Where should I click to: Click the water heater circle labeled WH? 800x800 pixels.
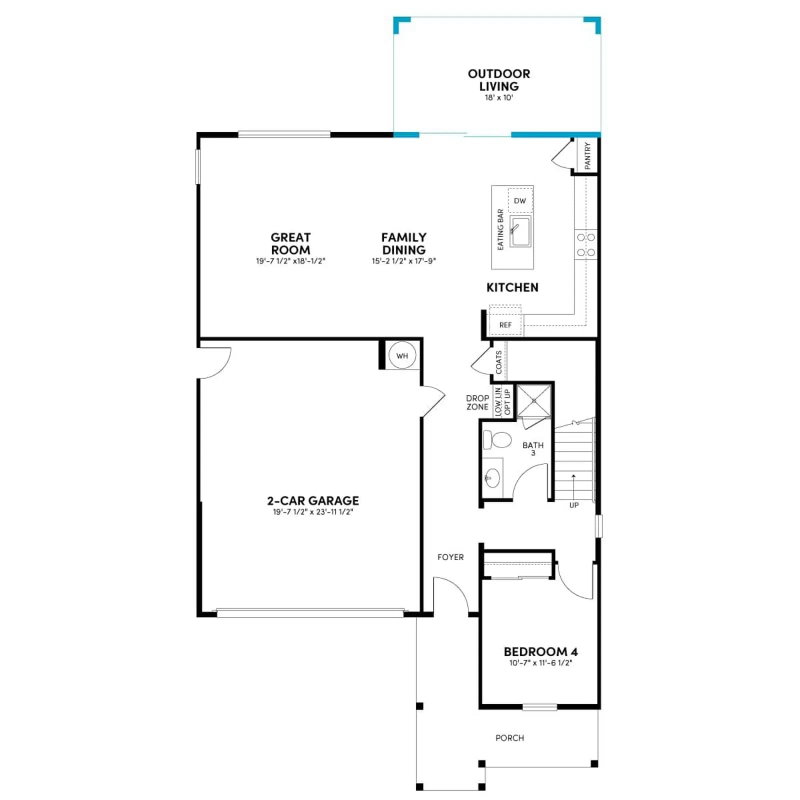point(402,355)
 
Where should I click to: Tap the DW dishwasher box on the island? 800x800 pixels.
point(520,200)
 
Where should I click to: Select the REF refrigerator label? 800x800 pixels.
point(505,325)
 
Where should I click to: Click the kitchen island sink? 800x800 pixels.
point(520,231)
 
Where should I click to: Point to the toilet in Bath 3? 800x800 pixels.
point(497,440)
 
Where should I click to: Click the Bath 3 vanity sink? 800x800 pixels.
point(492,478)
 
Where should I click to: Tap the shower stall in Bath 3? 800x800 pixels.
point(534,400)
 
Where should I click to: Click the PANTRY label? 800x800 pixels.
point(587,155)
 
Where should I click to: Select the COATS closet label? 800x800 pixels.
point(498,362)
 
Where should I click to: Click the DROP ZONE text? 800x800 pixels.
point(477,402)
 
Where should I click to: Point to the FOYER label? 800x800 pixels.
point(450,557)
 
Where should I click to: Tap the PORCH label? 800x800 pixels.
point(510,738)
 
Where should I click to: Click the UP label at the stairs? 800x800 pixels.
point(574,505)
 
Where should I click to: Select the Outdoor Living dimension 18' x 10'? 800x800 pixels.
point(499,97)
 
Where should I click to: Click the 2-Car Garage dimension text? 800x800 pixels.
point(313,512)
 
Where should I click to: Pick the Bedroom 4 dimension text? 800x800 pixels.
point(540,663)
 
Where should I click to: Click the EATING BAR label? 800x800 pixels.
point(500,229)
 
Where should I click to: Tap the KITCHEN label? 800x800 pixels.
point(512,287)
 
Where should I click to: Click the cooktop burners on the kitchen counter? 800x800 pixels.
point(585,245)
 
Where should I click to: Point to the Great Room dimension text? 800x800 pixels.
point(290,261)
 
